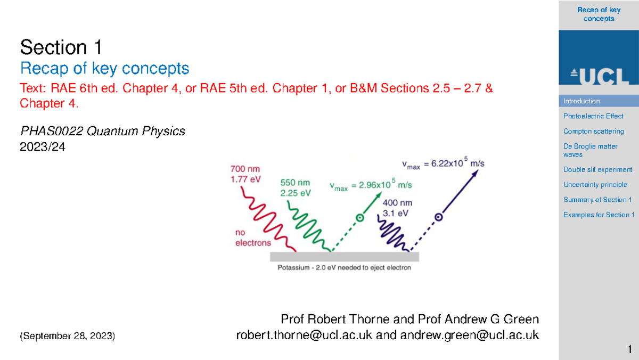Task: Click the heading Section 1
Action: coord(61,48)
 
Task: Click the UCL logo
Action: coord(599,76)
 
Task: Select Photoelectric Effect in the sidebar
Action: coord(593,116)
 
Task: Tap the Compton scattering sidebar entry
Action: coord(594,131)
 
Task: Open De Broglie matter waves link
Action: coord(583,150)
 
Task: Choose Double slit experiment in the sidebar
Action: coord(597,170)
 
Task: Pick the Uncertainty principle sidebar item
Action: coord(595,185)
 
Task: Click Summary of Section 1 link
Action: coord(597,200)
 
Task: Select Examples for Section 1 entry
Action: coord(599,215)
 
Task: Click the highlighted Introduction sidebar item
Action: coord(581,101)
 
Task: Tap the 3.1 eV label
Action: coord(396,213)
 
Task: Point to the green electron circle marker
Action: coord(359,217)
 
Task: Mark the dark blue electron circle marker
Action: coord(438,217)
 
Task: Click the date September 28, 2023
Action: coord(67,336)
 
